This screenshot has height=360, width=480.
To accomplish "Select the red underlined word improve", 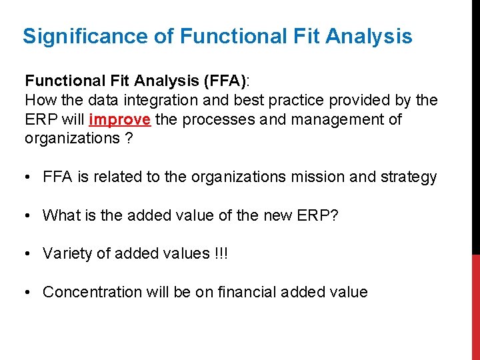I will click(129, 119).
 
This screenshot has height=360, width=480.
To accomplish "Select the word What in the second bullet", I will click(59, 215).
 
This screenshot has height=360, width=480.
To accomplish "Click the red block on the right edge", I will click(475, 307).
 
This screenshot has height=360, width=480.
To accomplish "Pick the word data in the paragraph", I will click(89, 101).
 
